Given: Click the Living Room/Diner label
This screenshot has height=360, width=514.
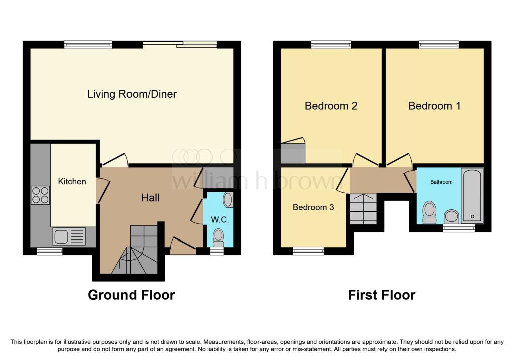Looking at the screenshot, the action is [x=132, y=94].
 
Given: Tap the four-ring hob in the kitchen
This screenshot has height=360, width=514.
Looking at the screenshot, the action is [x=40, y=195].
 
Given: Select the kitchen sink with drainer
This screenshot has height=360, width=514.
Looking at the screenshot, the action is [x=69, y=236].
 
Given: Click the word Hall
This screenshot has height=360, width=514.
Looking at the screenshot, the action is [x=150, y=198].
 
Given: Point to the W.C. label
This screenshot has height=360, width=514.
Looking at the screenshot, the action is [x=220, y=220].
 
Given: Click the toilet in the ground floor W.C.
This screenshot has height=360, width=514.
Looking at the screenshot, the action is [x=218, y=238].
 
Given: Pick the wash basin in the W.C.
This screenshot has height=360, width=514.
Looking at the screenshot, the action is [x=228, y=200].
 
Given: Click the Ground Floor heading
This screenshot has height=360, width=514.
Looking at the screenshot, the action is [x=131, y=295].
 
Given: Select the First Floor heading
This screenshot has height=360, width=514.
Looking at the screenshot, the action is [x=381, y=295].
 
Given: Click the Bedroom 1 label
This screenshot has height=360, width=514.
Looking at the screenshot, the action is [x=434, y=106].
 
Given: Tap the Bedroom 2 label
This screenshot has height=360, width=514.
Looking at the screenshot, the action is [x=331, y=106].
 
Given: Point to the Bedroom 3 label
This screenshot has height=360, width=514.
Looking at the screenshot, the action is [x=313, y=207].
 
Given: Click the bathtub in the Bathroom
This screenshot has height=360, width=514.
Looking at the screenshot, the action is [x=472, y=196].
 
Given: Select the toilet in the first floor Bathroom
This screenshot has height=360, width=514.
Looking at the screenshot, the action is [x=430, y=213].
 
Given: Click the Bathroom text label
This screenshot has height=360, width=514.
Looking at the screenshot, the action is [x=441, y=182].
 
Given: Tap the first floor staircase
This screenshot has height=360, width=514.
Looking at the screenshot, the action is [x=363, y=209].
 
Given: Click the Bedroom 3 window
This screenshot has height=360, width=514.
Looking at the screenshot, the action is [x=308, y=251].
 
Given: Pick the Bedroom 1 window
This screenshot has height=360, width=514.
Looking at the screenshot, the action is [x=439, y=45].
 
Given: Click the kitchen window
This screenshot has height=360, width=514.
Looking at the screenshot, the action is [x=50, y=251].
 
